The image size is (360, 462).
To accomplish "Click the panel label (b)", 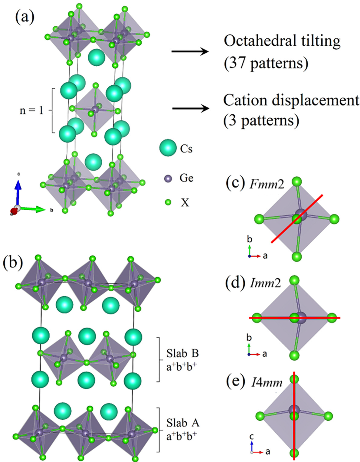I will point(12,262).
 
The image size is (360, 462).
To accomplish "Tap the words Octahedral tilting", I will point(282,41).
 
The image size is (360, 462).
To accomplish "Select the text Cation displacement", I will point(291,100).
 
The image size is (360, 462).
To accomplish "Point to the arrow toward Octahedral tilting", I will point(190,51).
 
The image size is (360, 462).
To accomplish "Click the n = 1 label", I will point(32,110).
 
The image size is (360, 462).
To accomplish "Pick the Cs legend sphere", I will point(168,148).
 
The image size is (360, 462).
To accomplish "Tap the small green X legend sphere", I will point(168,202).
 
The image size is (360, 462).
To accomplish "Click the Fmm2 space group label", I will point(267,184).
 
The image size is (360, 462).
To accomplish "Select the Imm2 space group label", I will point(265,283).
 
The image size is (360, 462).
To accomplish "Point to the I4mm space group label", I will point(267,382).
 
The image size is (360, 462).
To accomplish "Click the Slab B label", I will point(182,353).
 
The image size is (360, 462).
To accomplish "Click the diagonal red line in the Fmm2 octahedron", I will point(297,218).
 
